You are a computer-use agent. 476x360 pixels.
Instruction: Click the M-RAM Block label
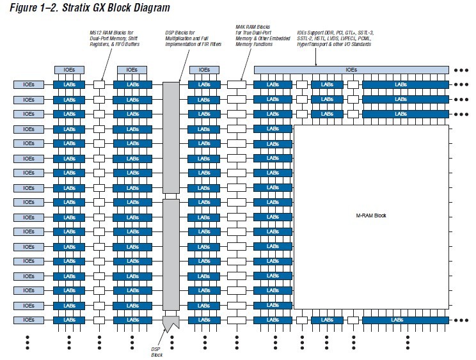click(x=372, y=215)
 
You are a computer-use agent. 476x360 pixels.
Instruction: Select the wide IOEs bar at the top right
click(x=351, y=70)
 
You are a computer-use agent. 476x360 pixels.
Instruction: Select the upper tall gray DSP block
click(x=171, y=137)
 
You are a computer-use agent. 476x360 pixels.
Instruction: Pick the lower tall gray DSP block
click(x=171, y=254)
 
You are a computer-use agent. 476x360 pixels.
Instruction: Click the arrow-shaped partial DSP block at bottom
click(x=171, y=324)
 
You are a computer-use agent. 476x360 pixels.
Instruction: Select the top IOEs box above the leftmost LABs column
click(x=68, y=70)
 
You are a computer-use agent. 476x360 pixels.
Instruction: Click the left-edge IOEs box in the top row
click(x=28, y=84)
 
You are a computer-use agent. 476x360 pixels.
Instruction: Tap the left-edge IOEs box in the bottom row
click(x=28, y=320)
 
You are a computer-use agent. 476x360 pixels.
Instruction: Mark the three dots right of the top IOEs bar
click(x=462, y=70)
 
